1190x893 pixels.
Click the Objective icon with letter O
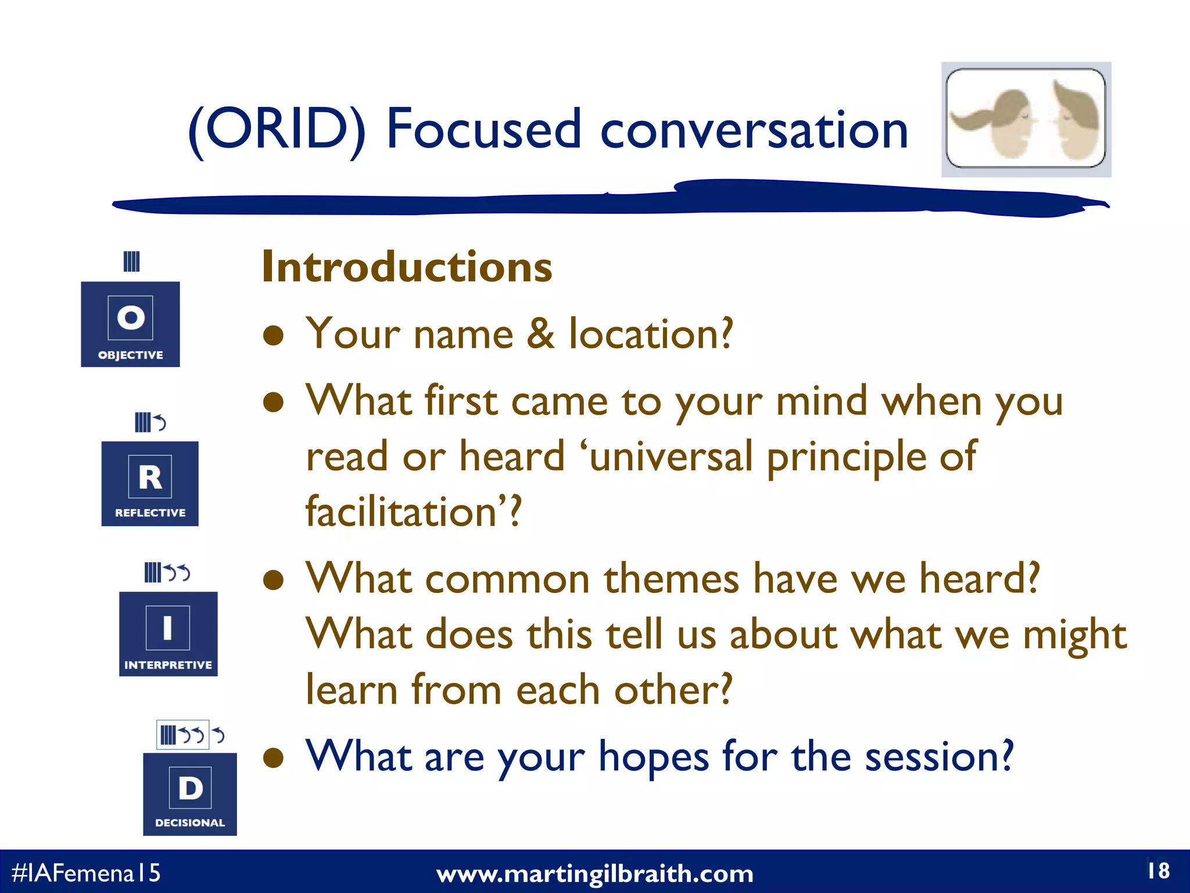pos(130,324)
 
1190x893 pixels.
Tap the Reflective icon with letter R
pos(150,483)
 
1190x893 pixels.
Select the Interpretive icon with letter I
pos(168,633)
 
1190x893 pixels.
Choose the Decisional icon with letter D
pos(190,794)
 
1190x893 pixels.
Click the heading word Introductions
pos(407,267)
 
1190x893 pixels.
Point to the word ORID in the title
pos(277,129)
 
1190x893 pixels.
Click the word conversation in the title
pos(754,129)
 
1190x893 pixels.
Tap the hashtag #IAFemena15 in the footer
pos(86,873)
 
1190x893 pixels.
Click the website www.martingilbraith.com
pos(594,874)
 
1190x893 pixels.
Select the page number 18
pos(1158,870)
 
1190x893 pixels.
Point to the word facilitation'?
pos(414,512)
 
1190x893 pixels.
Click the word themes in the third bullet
pos(671,579)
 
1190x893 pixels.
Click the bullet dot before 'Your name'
pos(273,335)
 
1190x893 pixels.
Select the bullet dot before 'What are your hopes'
pos(273,758)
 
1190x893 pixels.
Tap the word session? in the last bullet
pos(939,756)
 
